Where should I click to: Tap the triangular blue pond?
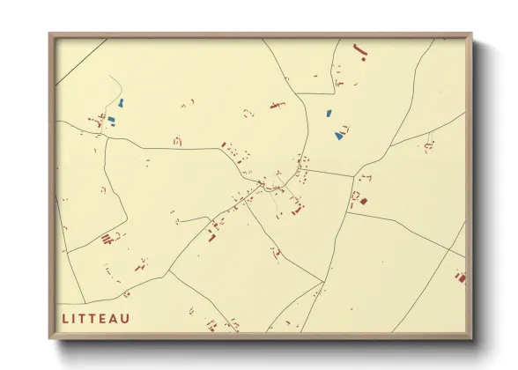tap(338, 135)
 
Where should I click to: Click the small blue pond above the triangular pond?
tap(328, 114)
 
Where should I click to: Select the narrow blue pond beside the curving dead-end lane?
tap(122, 103)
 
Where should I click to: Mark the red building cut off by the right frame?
tap(460, 277)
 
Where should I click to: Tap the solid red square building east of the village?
tap(363, 201)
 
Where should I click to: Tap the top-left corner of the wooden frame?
tap(49, 35)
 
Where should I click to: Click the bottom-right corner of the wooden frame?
tap(472, 340)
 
